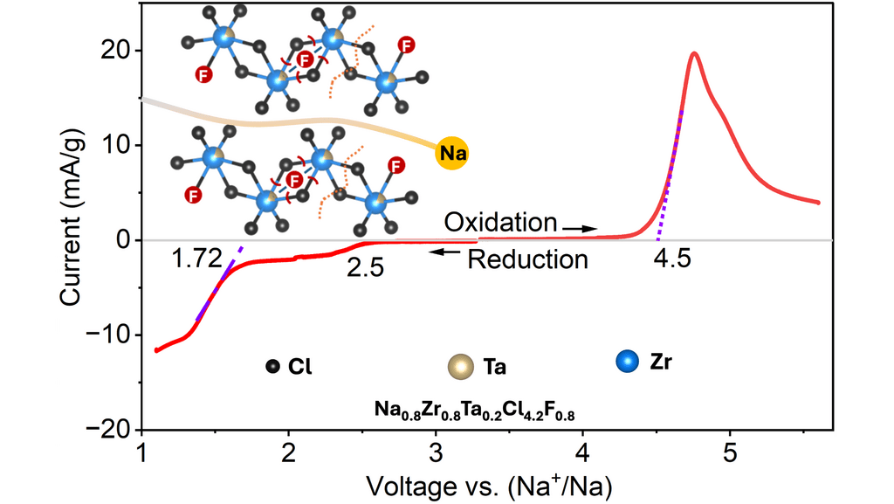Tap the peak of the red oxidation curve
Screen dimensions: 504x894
[694, 53]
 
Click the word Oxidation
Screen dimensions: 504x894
[499, 221]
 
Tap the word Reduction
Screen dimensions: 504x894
[527, 259]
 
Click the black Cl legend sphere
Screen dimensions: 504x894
[273, 367]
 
